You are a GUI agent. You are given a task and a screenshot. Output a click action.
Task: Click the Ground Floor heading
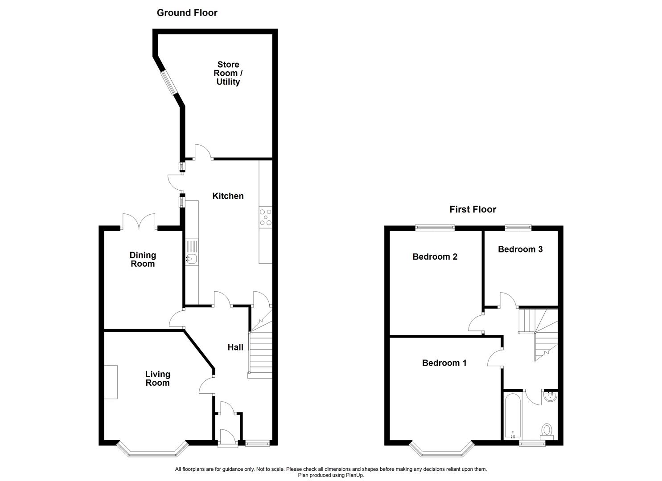coord(187,13)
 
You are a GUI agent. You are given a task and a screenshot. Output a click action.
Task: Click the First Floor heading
coord(473,209)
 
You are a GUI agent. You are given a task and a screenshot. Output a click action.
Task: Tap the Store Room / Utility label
coord(228,73)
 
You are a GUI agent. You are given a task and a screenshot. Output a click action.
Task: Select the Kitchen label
coord(228,196)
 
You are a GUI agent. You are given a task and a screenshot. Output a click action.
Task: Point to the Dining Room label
coord(143,259)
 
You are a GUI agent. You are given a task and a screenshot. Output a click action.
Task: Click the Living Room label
coord(157,379)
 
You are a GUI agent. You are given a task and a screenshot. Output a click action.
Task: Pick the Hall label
coord(235,347)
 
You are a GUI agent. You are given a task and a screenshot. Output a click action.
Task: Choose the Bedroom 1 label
coord(444,363)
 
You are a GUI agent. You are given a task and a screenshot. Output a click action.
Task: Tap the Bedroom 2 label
coord(435,257)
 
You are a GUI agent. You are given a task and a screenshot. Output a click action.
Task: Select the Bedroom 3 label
coord(520,249)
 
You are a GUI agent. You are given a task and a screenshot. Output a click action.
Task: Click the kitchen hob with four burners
coord(265,217)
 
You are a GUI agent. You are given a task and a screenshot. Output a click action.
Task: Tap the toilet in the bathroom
coord(547,430)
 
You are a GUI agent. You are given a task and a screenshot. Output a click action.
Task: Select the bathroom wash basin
coord(551,396)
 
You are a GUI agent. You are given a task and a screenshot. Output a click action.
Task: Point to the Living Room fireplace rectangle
coord(111,382)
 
